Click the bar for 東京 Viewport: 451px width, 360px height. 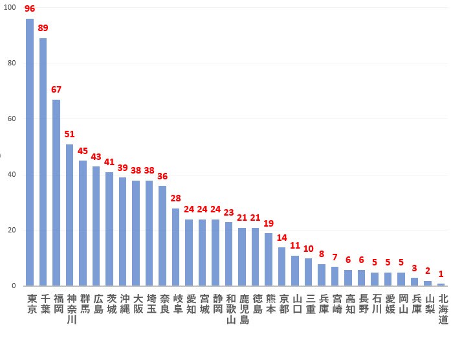click(x=30, y=152)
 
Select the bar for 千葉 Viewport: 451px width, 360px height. click(x=43, y=162)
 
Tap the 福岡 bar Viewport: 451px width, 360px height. click(x=56, y=192)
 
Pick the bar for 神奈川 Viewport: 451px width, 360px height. click(x=69, y=215)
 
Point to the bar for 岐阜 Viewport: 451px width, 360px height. click(x=175, y=247)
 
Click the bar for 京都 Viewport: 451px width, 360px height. click(x=281, y=266)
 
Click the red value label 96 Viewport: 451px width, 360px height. click(x=30, y=9)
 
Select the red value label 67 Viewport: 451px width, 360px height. click(x=56, y=89)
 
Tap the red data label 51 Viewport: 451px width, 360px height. click(x=69, y=134)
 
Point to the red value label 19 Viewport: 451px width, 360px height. click(x=269, y=223)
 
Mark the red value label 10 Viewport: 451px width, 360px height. click(x=308, y=249)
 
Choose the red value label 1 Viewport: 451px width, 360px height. click(x=441, y=274)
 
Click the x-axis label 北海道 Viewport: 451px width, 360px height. click(x=443, y=309)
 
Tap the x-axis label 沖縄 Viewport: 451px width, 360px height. click(x=123, y=304)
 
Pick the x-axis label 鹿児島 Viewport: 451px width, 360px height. click(x=244, y=309)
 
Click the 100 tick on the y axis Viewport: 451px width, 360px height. click(x=10, y=7)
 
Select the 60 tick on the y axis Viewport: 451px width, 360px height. click(x=12, y=118)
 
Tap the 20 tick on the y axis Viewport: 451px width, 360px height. click(x=12, y=230)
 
